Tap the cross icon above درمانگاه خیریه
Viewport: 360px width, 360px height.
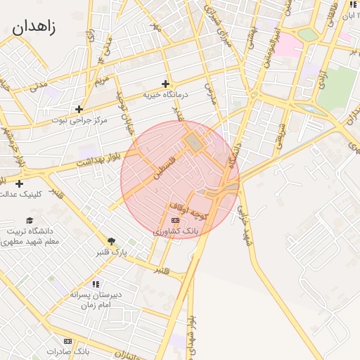point(166,84)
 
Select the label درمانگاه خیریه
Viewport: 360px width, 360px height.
point(166,94)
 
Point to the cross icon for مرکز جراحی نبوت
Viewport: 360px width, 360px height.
point(79,109)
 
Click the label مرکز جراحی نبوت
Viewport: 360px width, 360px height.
point(79,120)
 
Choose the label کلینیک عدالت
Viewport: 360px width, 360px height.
point(39,193)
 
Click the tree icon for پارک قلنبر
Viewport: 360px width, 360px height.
point(111,240)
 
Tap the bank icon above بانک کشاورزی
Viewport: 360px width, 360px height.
point(175,220)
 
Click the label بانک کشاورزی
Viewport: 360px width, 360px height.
point(175,231)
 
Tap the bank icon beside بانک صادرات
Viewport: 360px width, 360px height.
point(68,341)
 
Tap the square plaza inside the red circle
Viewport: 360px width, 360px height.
point(193,143)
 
